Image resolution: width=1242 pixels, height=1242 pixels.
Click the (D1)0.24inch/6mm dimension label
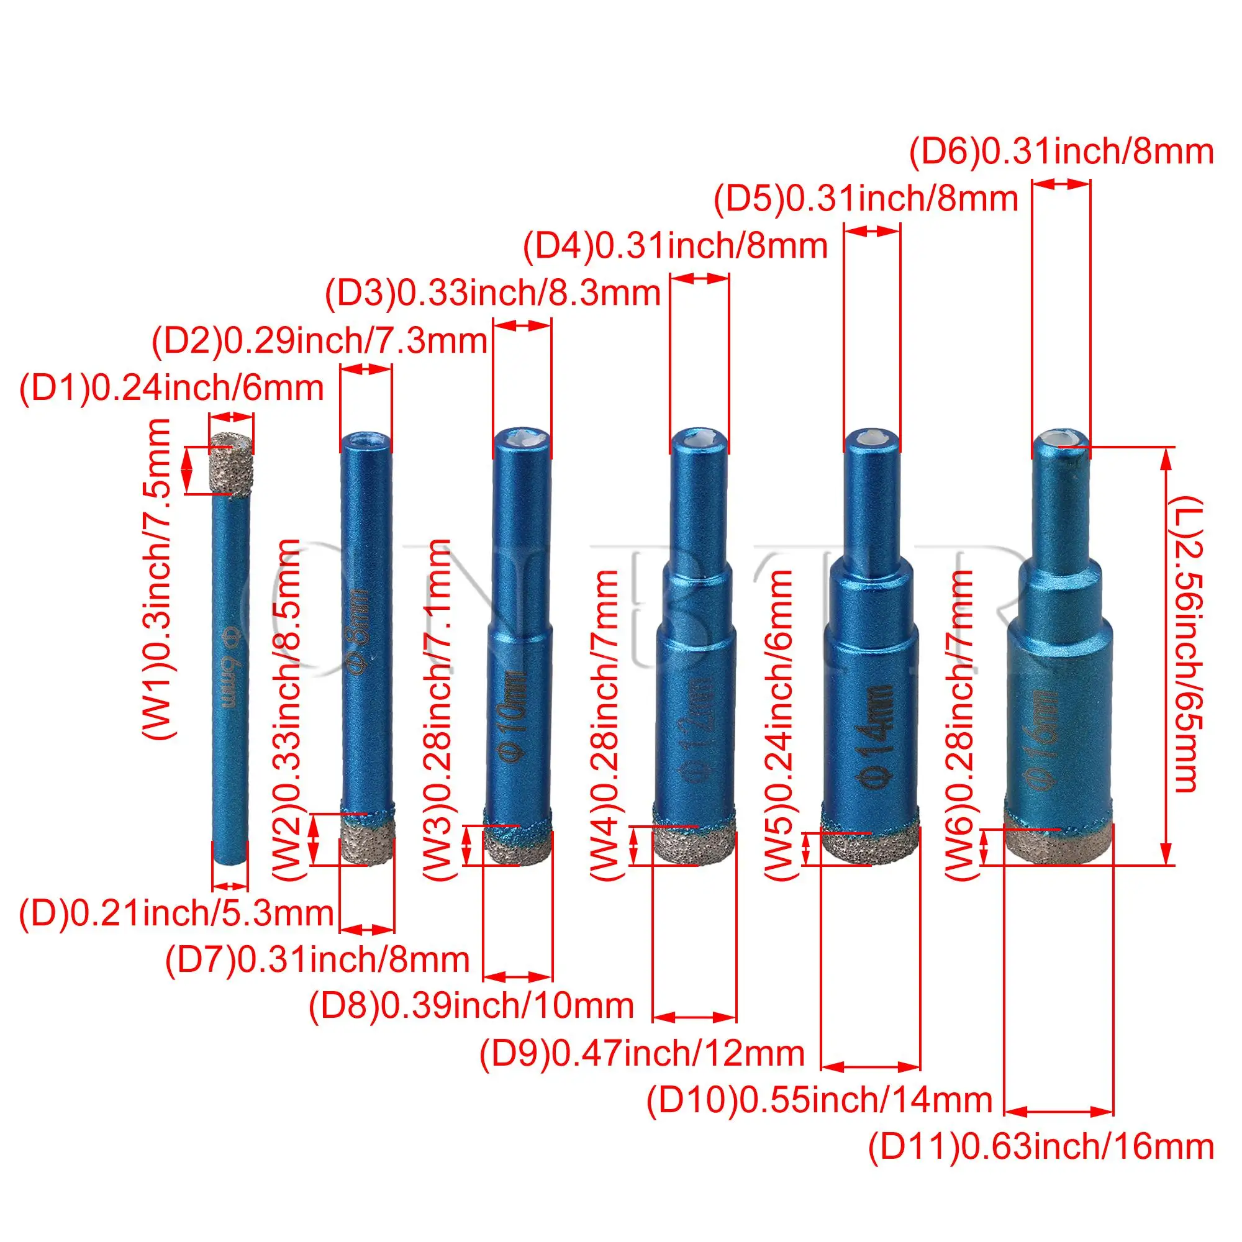(x=171, y=389)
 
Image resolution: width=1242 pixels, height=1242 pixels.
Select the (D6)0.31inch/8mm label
(x=1061, y=152)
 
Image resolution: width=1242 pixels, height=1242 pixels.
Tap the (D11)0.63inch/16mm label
(x=1041, y=1147)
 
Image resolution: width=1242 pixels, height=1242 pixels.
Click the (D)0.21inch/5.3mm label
(x=176, y=913)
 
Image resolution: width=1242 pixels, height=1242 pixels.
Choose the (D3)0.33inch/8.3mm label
(x=492, y=294)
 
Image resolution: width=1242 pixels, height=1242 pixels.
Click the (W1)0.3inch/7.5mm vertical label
(x=156, y=579)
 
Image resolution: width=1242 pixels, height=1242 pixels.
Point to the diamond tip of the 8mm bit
(x=367, y=841)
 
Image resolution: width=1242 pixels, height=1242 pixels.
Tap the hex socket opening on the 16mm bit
(x=1061, y=438)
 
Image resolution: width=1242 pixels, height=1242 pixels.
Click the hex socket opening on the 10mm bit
(x=522, y=438)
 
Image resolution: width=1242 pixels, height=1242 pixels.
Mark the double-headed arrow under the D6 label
(x=1061, y=184)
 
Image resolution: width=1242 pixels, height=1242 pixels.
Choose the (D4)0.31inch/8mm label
(x=675, y=246)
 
